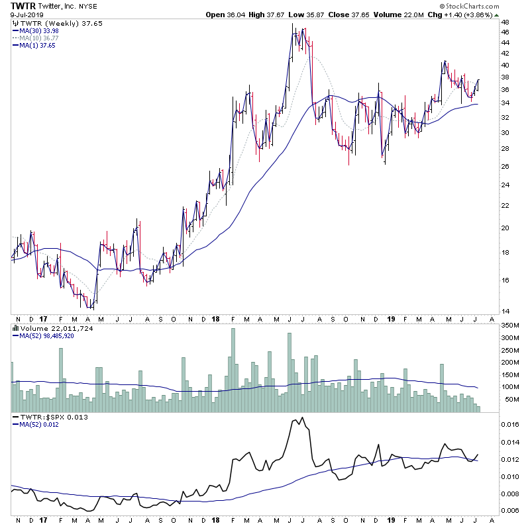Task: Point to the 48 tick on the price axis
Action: (x=505, y=22)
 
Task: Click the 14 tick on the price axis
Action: (x=505, y=311)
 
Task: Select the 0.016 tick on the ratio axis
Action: (x=511, y=424)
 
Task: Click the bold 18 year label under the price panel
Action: (x=216, y=318)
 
